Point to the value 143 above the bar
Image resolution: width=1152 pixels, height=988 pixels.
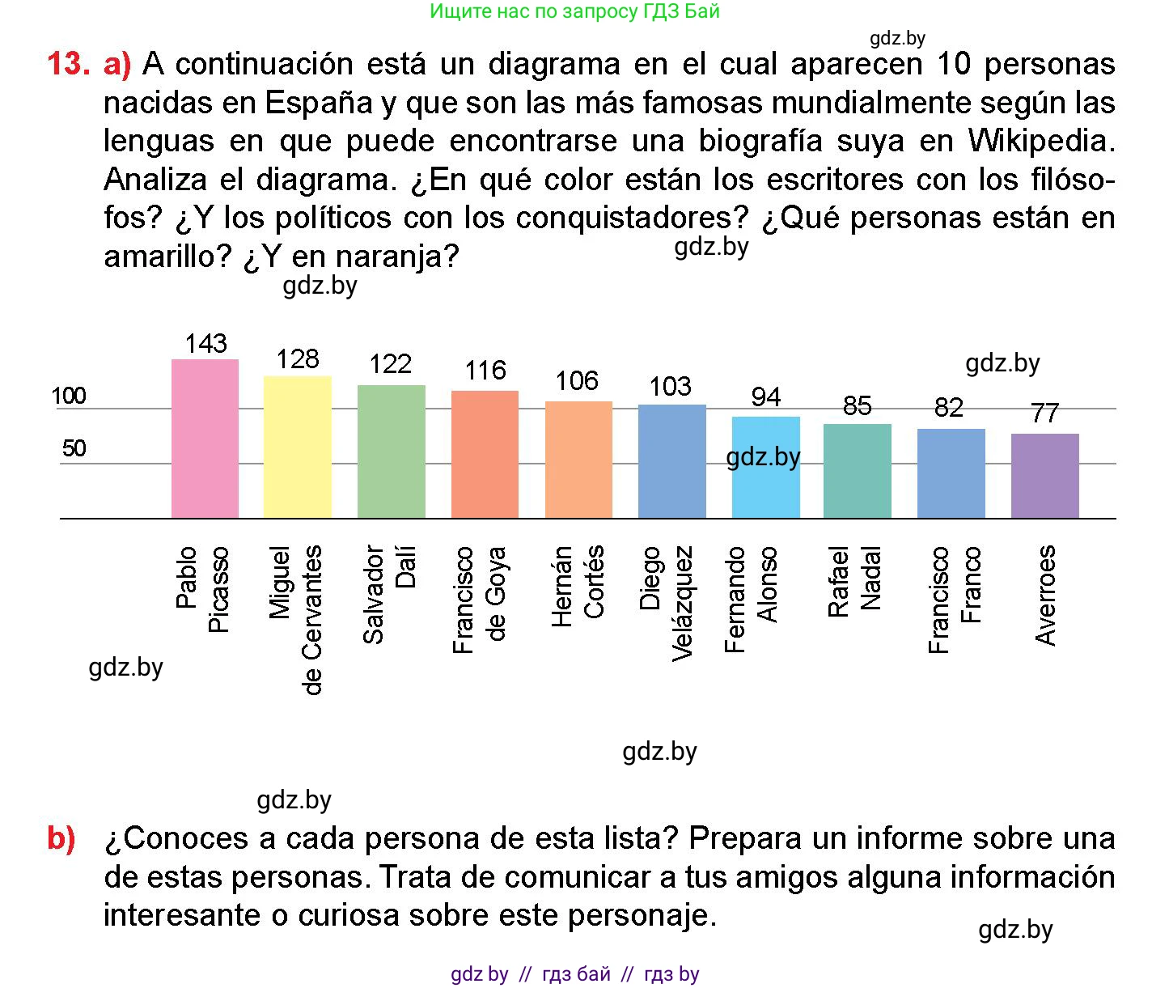point(205,344)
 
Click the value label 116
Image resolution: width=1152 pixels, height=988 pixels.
point(485,371)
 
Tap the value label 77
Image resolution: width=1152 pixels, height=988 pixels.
point(1044,413)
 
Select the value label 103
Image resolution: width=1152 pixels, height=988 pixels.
point(671,387)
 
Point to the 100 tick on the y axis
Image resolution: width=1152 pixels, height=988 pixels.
point(69,396)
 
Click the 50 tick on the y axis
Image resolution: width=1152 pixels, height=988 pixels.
point(74,448)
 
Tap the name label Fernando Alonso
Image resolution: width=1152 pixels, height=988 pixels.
point(751,599)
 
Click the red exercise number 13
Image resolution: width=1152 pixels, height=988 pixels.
point(67,65)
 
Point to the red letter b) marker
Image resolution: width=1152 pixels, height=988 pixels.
point(61,838)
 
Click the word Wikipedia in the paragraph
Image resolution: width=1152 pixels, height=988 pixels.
point(1041,141)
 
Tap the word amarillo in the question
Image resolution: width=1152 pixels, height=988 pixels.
point(167,257)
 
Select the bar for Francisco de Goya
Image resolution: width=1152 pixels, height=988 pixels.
point(485,454)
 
